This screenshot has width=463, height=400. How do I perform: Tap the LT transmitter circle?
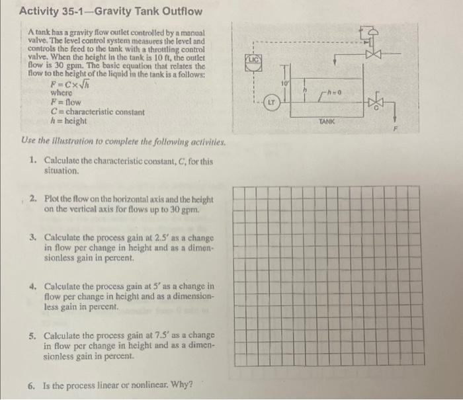pos(271,103)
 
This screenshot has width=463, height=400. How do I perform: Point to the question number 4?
pos(32,287)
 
